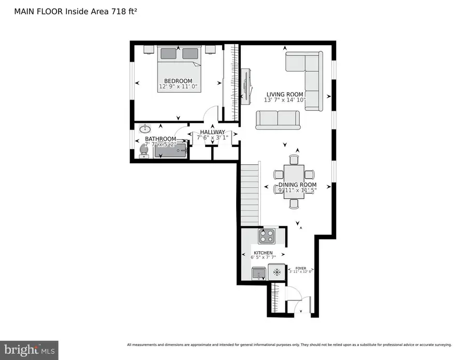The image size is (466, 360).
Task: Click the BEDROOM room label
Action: click(178, 81)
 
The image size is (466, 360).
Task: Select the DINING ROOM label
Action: click(297, 185)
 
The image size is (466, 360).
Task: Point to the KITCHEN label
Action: click(263, 253)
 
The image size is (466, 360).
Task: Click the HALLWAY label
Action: click(212, 132)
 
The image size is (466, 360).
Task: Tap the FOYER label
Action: click(300, 268)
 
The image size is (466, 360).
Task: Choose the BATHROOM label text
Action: click(161, 139)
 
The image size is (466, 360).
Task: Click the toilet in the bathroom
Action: click(143, 150)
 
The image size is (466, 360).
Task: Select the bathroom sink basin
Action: click(145, 128)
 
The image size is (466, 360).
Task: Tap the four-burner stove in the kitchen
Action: click(266, 236)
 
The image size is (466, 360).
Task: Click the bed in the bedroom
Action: click(179, 69)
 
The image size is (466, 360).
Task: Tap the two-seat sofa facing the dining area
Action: click(278, 120)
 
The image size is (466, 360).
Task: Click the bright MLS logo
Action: click(29, 350)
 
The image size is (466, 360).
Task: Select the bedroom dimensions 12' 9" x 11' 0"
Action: click(178, 87)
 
